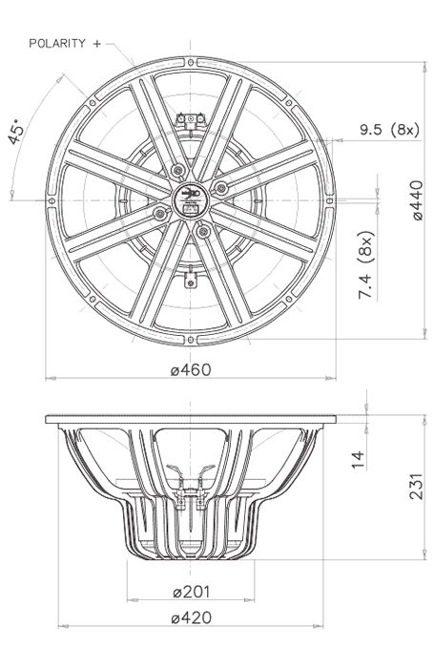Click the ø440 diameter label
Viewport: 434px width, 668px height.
417,200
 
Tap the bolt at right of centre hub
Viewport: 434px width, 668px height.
221,189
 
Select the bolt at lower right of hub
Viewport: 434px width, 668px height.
201,227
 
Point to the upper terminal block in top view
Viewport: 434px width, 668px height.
197,119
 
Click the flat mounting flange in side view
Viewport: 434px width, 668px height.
190,419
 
